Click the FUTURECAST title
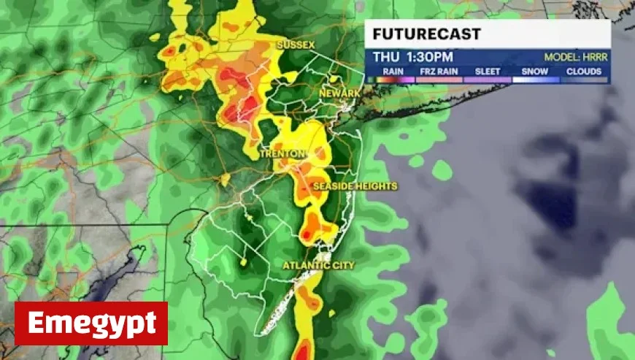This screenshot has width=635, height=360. pyautogui.click(x=417, y=34)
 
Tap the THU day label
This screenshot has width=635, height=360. pyautogui.click(x=385, y=56)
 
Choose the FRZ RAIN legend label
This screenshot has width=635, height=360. pyautogui.click(x=437, y=72)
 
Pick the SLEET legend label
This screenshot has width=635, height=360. pyautogui.click(x=488, y=72)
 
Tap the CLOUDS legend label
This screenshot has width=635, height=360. pyautogui.click(x=584, y=72)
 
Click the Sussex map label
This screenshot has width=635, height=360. pyautogui.click(x=295, y=45)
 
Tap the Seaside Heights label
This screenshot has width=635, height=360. pyautogui.click(x=355, y=186)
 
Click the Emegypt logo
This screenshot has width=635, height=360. pyautogui.click(x=91, y=323)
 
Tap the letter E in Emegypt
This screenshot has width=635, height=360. pyautogui.click(x=36, y=323)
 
